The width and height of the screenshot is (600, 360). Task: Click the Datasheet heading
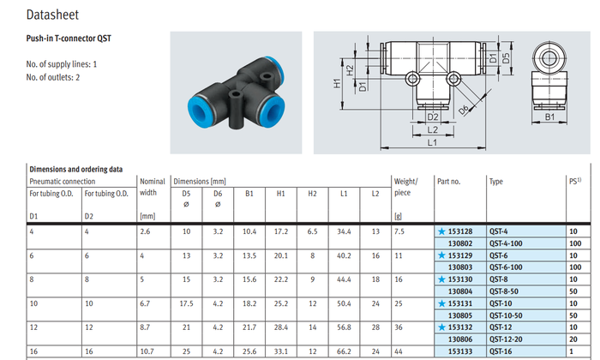click(52, 15)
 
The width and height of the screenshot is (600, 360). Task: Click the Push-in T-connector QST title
click(69, 39)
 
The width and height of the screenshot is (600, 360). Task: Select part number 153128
click(461, 232)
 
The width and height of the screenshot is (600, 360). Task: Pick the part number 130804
click(461, 291)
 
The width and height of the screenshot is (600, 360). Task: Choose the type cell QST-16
click(501, 351)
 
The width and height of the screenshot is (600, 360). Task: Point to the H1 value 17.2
click(280, 232)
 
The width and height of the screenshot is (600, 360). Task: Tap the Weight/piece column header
click(405, 187)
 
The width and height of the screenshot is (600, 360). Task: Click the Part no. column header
click(449, 182)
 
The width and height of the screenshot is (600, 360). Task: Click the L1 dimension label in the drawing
click(434, 142)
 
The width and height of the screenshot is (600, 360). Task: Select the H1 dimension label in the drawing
click(337, 83)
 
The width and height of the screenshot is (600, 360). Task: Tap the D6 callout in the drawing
click(463, 110)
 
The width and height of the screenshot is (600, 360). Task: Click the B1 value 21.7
click(249, 327)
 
